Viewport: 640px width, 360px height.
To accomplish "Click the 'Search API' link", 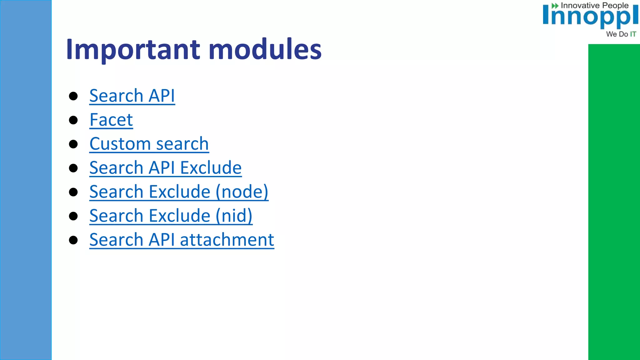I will point(132,96).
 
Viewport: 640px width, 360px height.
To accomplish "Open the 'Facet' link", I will point(111,120).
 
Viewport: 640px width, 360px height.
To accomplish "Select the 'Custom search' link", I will point(149,144).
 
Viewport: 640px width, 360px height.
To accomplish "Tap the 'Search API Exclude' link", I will point(165,168).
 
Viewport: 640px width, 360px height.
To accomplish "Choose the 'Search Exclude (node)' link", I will point(179,192).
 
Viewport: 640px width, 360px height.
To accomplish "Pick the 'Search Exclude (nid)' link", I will point(171,216).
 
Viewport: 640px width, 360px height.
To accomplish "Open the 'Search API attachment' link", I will point(182,240).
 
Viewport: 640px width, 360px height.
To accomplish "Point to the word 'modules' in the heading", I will point(265,49).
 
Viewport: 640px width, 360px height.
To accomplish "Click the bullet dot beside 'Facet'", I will point(73,120).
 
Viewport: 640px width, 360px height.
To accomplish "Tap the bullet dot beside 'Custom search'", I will point(73,144).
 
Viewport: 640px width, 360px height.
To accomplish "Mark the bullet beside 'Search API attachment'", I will point(73,240).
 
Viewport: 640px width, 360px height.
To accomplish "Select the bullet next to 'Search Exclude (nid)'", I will point(73,216).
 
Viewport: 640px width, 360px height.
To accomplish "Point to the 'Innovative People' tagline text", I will point(594,6).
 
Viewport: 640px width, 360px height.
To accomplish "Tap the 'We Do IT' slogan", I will point(621,34).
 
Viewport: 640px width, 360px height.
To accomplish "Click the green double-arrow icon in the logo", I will point(555,6).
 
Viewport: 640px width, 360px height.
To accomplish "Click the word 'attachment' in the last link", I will point(227,240).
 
